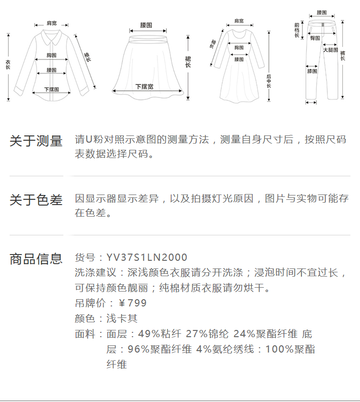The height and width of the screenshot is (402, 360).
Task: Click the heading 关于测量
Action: click(36, 141)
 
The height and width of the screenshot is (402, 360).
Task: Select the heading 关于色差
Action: click(36, 200)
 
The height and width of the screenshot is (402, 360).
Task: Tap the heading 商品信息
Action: click(36, 259)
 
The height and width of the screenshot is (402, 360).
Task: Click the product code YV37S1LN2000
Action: click(147, 258)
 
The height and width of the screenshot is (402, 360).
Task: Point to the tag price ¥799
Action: click(132, 304)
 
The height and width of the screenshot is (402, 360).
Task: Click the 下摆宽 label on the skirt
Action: click(144, 87)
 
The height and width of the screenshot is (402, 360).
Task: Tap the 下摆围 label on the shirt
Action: click(51, 89)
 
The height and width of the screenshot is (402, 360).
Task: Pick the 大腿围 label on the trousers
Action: click(330, 50)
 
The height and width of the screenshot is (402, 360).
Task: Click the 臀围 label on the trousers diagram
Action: click(315, 37)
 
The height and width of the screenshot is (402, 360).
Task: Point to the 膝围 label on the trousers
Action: click(312, 71)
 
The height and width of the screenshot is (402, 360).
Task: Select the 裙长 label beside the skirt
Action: click(188, 61)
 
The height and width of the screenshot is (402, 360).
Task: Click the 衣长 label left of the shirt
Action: click(8, 65)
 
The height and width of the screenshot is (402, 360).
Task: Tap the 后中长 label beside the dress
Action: click(269, 81)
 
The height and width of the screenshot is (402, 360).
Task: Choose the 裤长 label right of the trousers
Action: click(343, 56)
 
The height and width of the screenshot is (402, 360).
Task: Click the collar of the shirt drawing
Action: click(50, 35)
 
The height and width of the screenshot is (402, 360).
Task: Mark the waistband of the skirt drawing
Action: click(146, 32)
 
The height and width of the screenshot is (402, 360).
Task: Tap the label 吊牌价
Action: click(88, 304)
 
